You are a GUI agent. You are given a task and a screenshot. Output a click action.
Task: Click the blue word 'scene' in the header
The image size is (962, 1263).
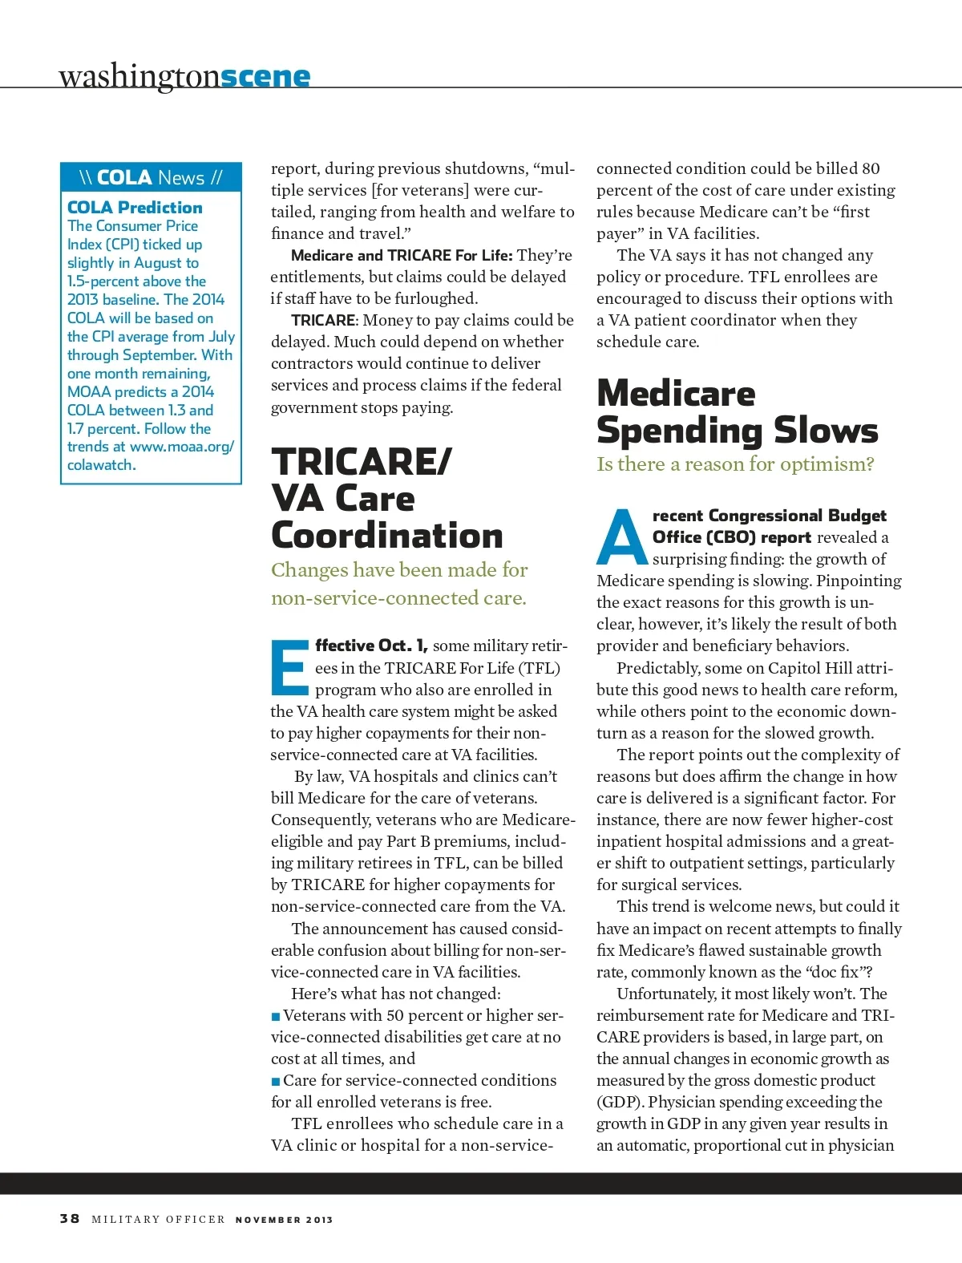pyautogui.click(x=265, y=76)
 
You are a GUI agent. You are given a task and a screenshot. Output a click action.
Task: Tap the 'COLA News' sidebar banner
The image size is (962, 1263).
pyautogui.click(x=151, y=177)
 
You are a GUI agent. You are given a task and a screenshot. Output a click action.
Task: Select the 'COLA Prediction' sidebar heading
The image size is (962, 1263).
pyautogui.click(x=135, y=207)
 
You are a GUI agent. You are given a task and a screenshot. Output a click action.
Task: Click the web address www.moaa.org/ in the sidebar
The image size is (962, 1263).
pyautogui.click(x=181, y=447)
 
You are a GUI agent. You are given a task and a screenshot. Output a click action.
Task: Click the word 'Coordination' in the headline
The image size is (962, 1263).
pyautogui.click(x=387, y=535)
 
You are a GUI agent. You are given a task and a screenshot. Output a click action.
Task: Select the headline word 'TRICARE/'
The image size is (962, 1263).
pyautogui.click(x=362, y=461)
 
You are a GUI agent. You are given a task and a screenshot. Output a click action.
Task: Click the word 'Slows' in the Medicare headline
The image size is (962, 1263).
pyautogui.click(x=826, y=431)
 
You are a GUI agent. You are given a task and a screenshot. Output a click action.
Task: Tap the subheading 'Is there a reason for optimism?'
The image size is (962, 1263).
pyautogui.click(x=735, y=464)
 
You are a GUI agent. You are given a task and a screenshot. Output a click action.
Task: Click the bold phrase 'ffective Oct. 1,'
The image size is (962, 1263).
pyautogui.click(x=371, y=646)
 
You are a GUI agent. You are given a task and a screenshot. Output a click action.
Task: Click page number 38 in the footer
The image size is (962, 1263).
pyautogui.click(x=70, y=1218)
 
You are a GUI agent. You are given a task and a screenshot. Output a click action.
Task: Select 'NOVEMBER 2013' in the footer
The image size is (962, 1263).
pyautogui.click(x=284, y=1220)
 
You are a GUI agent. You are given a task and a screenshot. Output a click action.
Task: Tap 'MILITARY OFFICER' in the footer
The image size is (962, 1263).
pyautogui.click(x=158, y=1220)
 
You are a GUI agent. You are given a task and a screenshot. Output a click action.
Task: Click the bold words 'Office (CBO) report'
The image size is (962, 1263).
pyautogui.click(x=731, y=537)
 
